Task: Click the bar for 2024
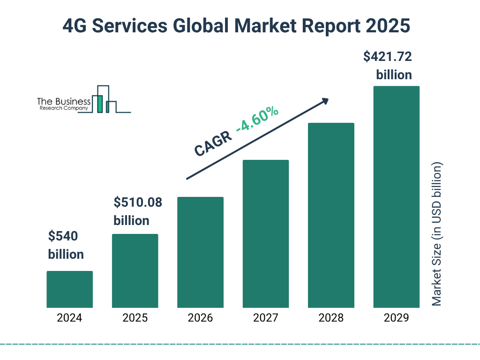coord(69,289)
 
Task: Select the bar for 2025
coord(135,271)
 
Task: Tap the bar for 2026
coord(200,252)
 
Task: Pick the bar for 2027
coord(265,234)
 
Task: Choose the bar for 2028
coord(331,215)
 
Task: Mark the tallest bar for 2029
coord(396,197)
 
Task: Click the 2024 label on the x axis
coord(69,318)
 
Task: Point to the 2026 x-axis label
coord(200,318)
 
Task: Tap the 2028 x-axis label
coord(331,318)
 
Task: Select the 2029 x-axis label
coord(396,318)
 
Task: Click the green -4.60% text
coord(257,120)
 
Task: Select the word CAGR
coord(213,144)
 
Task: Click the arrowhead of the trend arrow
coord(324,101)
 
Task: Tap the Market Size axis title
coord(437,234)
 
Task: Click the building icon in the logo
coord(104,99)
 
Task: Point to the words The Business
coord(64,102)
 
